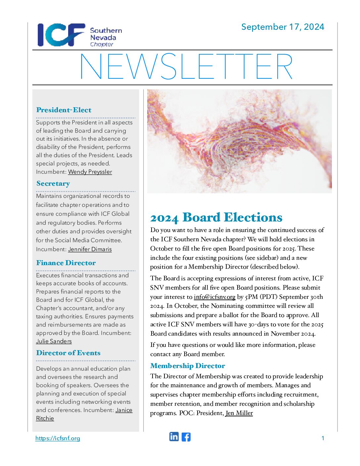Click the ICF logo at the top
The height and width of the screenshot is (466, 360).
(x=61, y=35)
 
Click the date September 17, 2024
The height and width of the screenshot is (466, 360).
(x=283, y=27)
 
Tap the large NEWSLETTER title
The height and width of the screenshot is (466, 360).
(x=186, y=67)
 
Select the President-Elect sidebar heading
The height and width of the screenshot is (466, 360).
(x=64, y=110)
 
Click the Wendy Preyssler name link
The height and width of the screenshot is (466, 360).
(x=90, y=172)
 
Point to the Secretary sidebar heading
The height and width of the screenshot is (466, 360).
(x=53, y=183)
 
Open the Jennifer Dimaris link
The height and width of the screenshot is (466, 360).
(x=90, y=249)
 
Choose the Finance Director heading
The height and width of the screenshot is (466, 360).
(x=66, y=263)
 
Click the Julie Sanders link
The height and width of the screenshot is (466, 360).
(x=54, y=341)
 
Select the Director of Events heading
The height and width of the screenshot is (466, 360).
(x=68, y=353)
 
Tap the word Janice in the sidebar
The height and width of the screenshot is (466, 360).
(x=124, y=410)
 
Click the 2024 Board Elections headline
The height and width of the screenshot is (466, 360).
(x=216, y=217)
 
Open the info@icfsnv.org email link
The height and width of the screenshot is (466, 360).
(x=214, y=297)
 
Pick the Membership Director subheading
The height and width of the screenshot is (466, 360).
(x=188, y=366)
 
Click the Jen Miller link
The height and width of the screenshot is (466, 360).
(x=239, y=413)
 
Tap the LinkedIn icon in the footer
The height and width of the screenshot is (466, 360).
(x=174, y=437)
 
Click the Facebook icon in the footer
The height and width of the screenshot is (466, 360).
(x=186, y=437)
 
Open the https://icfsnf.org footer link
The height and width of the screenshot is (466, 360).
(x=58, y=438)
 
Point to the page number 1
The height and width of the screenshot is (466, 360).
(x=323, y=438)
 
